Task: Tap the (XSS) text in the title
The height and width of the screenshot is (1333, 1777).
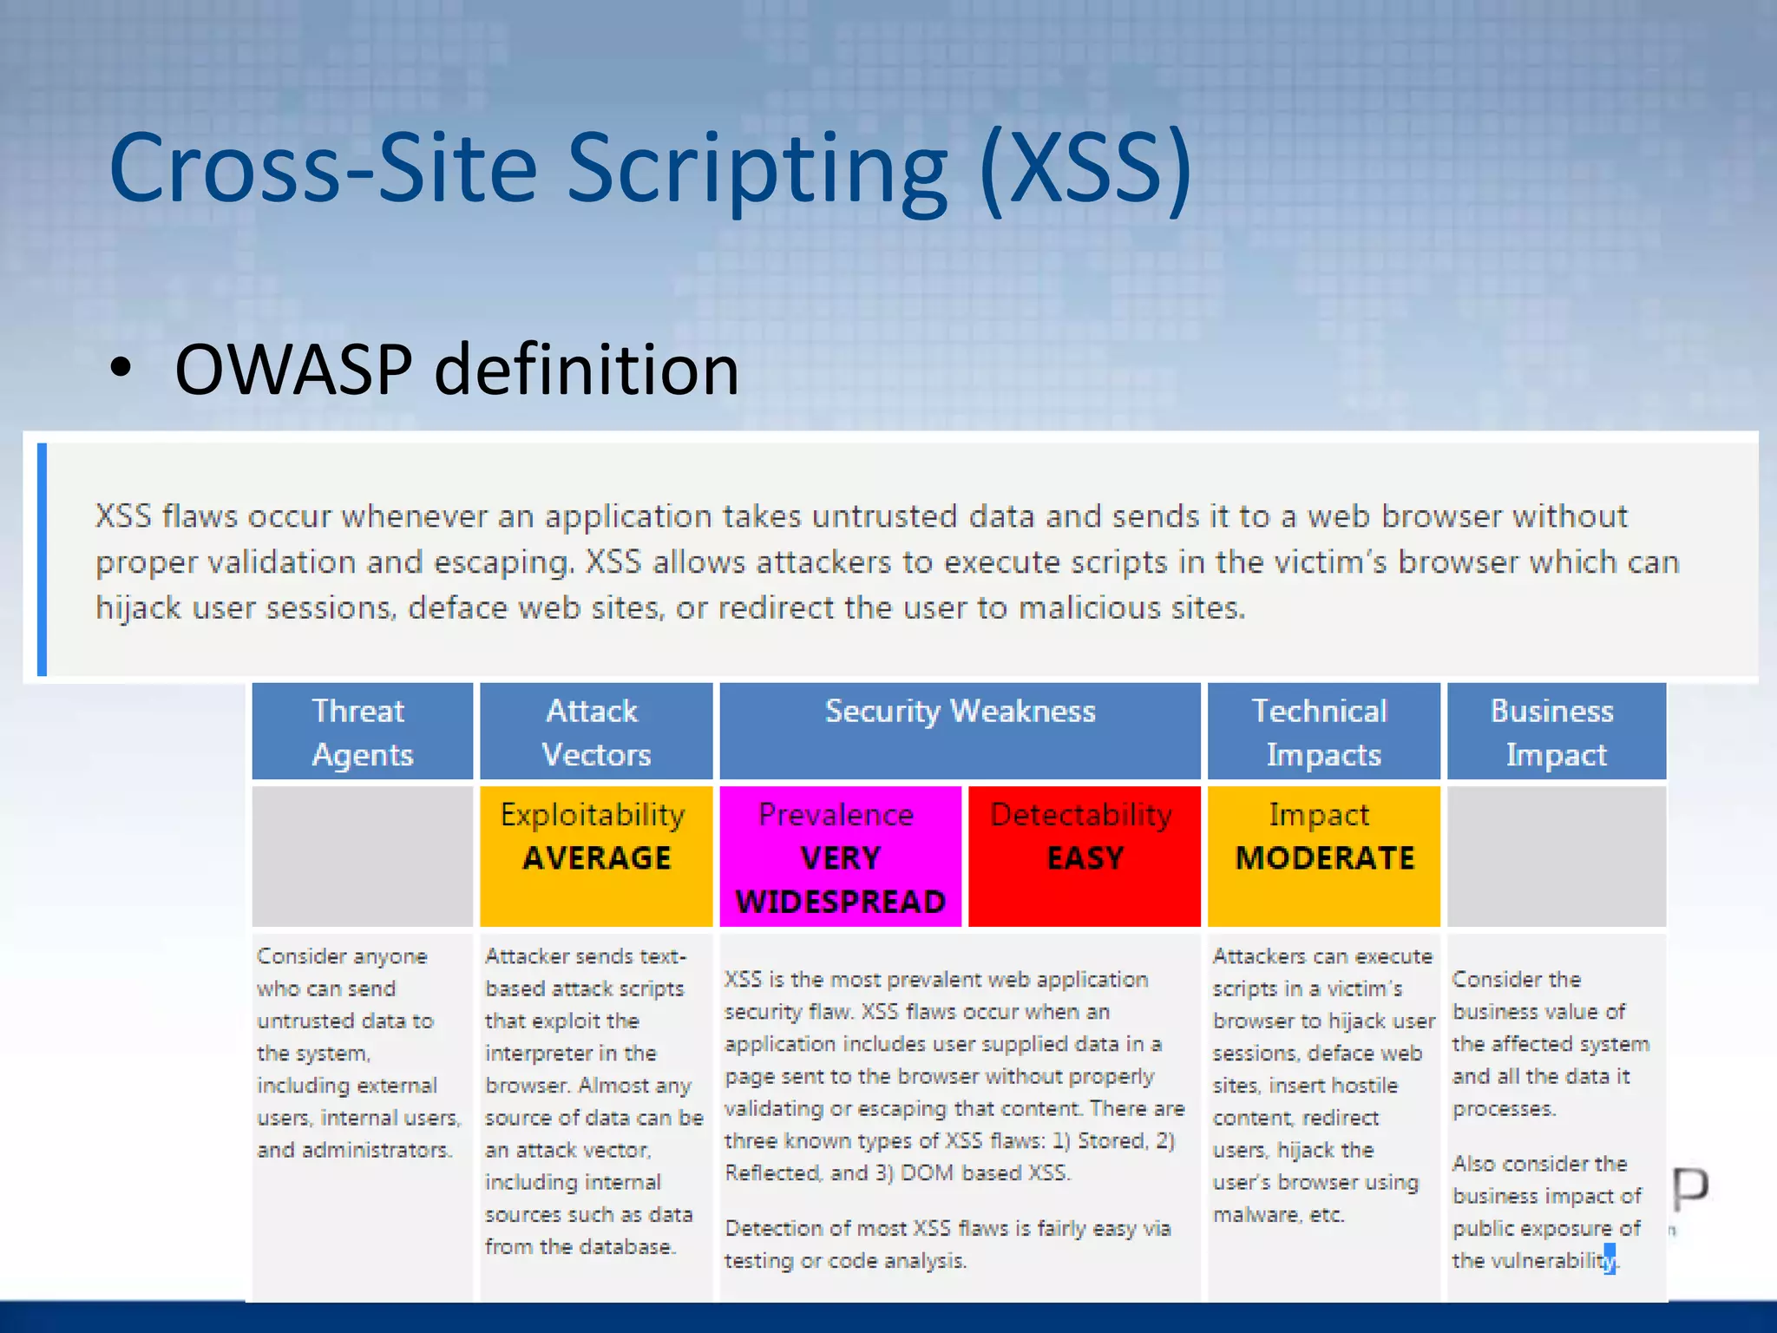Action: [1085, 167]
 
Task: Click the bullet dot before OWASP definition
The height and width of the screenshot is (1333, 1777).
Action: [121, 369]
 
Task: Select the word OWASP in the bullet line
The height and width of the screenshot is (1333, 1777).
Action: [293, 371]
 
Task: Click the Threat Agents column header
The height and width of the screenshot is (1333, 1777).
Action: [362, 732]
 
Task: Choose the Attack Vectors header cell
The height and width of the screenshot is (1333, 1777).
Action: [595, 732]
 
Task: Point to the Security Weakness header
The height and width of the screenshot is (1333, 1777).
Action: [960, 712]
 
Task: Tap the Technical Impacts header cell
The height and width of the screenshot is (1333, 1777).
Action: [1322, 732]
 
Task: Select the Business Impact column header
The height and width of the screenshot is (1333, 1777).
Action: [1555, 732]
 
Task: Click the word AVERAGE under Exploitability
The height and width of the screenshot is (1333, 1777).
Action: [597, 858]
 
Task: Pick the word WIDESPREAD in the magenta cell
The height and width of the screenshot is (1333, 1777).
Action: [840, 902]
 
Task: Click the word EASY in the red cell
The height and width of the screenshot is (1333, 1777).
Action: [1085, 858]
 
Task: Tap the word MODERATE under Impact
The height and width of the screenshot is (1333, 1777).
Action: [1324, 858]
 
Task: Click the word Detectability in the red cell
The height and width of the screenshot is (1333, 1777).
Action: [1081, 815]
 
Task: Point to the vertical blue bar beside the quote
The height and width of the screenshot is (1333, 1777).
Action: [42, 559]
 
